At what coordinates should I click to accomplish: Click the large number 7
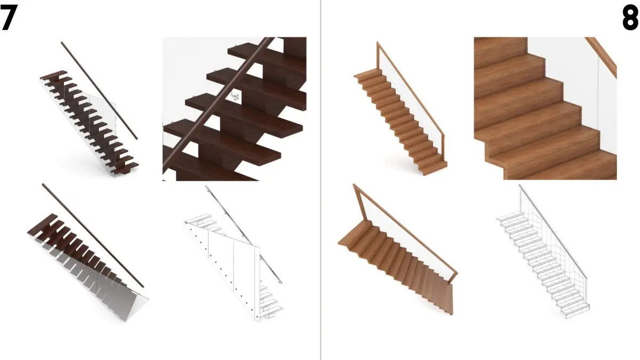coord(9,18)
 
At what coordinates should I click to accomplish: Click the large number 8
coord(630,18)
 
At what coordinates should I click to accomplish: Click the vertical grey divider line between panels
coord(321,180)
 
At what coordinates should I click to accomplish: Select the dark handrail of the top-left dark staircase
coord(99,91)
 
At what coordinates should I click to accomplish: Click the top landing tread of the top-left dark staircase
coord(54,75)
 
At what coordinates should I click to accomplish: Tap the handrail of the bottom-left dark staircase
coord(93,235)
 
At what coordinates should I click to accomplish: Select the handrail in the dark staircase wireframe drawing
coord(243,234)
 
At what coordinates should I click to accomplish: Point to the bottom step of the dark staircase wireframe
coord(271,315)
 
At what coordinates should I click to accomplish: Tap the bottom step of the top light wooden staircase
coord(435,169)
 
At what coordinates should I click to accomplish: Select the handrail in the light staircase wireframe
coord(553,231)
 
